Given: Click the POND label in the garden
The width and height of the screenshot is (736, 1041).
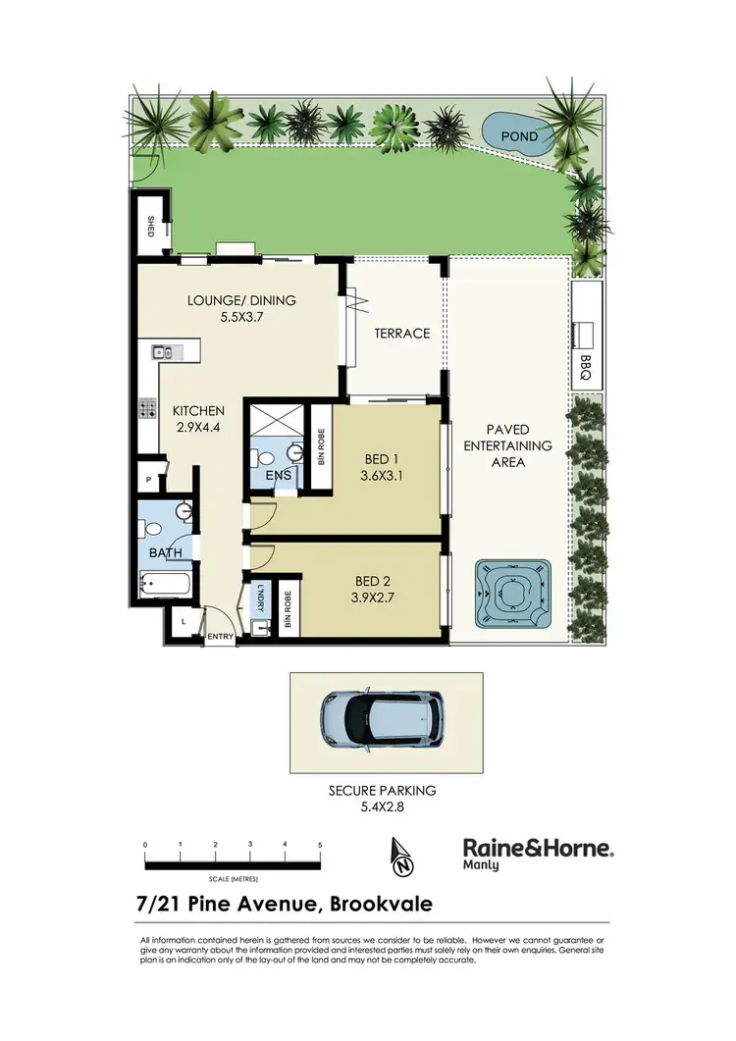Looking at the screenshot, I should click(519, 136).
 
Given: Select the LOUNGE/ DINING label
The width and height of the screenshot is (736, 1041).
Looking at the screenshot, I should click(241, 300).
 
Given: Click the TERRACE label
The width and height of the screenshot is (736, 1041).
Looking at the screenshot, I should click(402, 333).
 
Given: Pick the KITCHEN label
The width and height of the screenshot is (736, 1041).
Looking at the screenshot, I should click(199, 410).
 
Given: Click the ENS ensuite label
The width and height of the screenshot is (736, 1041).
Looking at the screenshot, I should click(279, 476).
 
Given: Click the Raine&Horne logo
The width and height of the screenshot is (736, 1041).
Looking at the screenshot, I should click(538, 851).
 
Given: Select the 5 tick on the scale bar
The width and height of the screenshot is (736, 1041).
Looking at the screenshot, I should click(320, 844).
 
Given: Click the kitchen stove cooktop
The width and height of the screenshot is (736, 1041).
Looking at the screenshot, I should click(149, 407).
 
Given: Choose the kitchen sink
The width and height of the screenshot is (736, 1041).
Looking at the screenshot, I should click(162, 350).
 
